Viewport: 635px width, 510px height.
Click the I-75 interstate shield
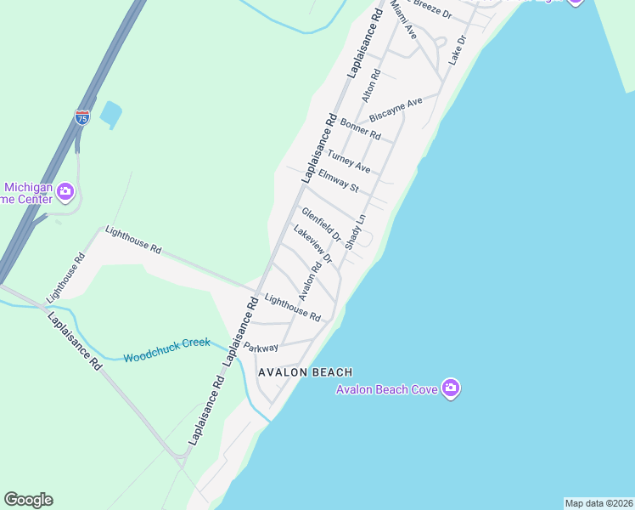coord(82,116)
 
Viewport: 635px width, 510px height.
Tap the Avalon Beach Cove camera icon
coord(451,388)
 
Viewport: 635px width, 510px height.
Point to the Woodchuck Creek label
coord(166,349)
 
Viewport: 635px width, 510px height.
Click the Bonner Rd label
coord(361,129)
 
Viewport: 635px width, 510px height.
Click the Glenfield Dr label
coord(321,224)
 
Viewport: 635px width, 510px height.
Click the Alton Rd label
coord(370,87)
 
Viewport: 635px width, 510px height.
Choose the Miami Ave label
coord(404,20)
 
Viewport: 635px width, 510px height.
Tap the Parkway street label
coord(261,348)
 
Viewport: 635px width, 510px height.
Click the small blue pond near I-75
coord(110,112)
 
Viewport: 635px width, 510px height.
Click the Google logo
coord(28,500)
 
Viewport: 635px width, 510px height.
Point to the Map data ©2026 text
coord(598,503)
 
